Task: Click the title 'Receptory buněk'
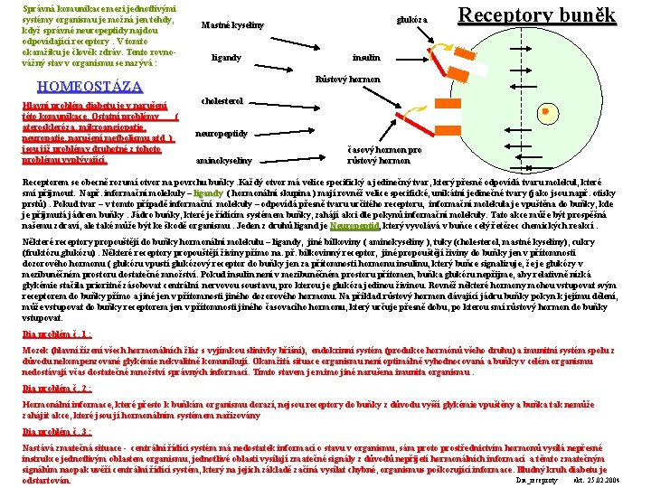click(x=537, y=15)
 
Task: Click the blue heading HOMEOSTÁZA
click(x=88, y=87)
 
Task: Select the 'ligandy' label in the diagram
click(x=226, y=58)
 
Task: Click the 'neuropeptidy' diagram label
click(x=222, y=133)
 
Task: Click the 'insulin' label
click(x=365, y=58)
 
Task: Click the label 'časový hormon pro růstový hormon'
click(x=384, y=155)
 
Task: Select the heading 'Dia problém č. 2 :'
click(x=53, y=389)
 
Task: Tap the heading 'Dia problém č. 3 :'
click(x=53, y=432)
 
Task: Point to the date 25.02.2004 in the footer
click(x=598, y=481)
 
